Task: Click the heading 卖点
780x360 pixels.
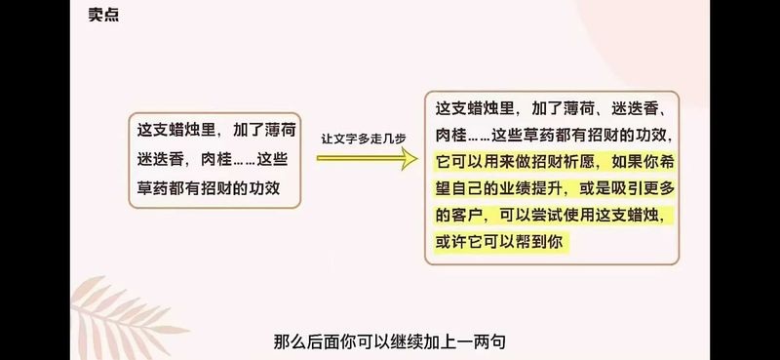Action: click(103, 15)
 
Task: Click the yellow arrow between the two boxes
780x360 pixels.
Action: click(368, 158)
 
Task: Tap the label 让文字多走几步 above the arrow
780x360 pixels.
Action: click(363, 140)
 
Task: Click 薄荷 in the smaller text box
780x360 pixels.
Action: click(280, 131)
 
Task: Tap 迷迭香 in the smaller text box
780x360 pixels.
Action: click(161, 159)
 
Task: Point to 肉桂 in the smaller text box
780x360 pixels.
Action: click(216, 159)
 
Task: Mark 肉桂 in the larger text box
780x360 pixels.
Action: click(451, 135)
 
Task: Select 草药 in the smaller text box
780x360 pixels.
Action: click(153, 188)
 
